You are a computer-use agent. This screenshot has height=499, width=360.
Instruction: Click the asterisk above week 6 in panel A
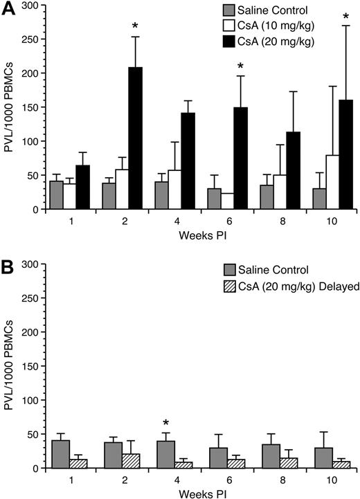240,67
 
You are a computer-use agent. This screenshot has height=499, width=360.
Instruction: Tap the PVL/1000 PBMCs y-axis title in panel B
10,366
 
